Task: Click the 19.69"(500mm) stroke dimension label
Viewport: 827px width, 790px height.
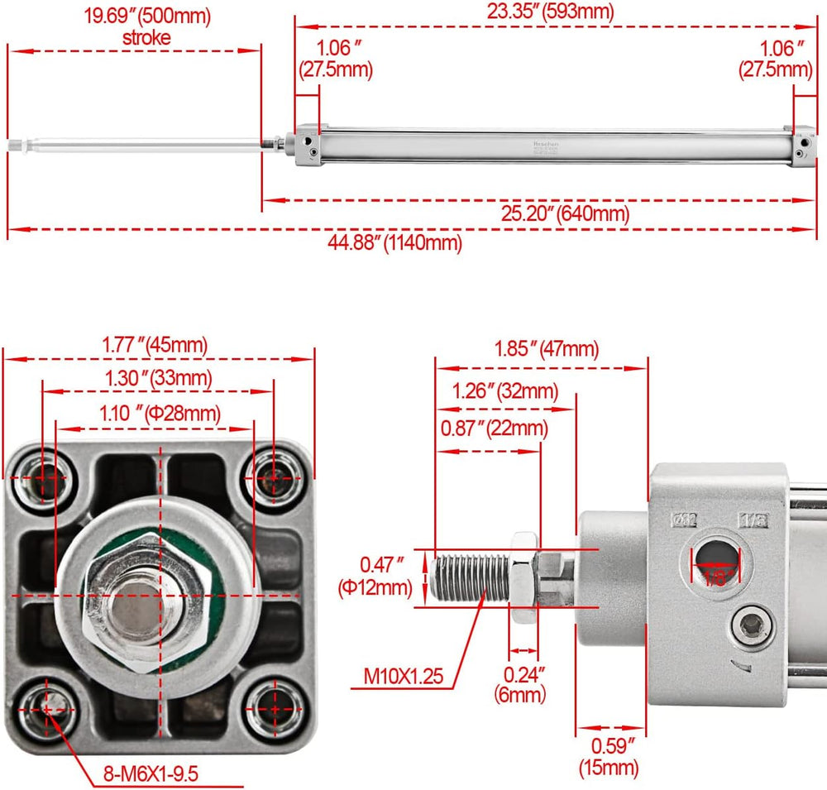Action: click(146, 26)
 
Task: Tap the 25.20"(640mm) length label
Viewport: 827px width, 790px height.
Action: click(565, 214)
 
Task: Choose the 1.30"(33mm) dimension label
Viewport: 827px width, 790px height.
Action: click(158, 378)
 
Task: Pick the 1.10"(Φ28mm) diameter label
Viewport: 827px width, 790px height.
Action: click(160, 412)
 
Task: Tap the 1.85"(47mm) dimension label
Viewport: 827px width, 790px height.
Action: click(547, 349)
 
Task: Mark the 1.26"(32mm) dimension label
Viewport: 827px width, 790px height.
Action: click(505, 390)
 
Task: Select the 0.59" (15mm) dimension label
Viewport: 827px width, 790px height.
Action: click(609, 756)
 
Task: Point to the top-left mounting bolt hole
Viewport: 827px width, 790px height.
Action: click(43, 478)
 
